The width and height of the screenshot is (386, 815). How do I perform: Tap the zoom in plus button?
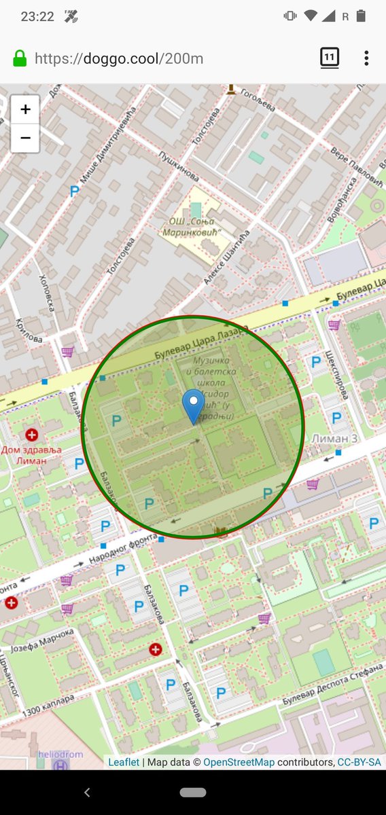(x=25, y=109)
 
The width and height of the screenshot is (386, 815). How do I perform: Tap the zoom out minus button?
(x=25, y=138)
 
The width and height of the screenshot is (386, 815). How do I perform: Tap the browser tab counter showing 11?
(x=329, y=58)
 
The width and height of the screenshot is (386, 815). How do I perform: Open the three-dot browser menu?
(x=366, y=58)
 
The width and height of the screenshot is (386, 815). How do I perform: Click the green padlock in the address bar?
(x=20, y=58)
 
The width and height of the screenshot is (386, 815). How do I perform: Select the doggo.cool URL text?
(x=119, y=58)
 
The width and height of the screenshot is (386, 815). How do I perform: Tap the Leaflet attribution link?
(x=124, y=762)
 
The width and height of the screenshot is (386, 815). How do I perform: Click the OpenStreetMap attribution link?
(x=239, y=762)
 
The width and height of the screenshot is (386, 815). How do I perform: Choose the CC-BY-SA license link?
(x=359, y=762)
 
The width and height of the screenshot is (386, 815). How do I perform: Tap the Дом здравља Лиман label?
(x=32, y=455)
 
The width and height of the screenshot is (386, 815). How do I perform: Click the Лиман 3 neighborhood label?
(x=334, y=438)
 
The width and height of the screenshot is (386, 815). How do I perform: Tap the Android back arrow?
(x=86, y=792)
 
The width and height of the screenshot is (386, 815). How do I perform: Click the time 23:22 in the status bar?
(x=37, y=16)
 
